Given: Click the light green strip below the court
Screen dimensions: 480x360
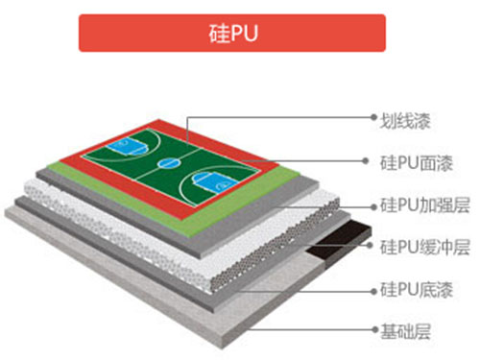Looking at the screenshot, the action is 192,205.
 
